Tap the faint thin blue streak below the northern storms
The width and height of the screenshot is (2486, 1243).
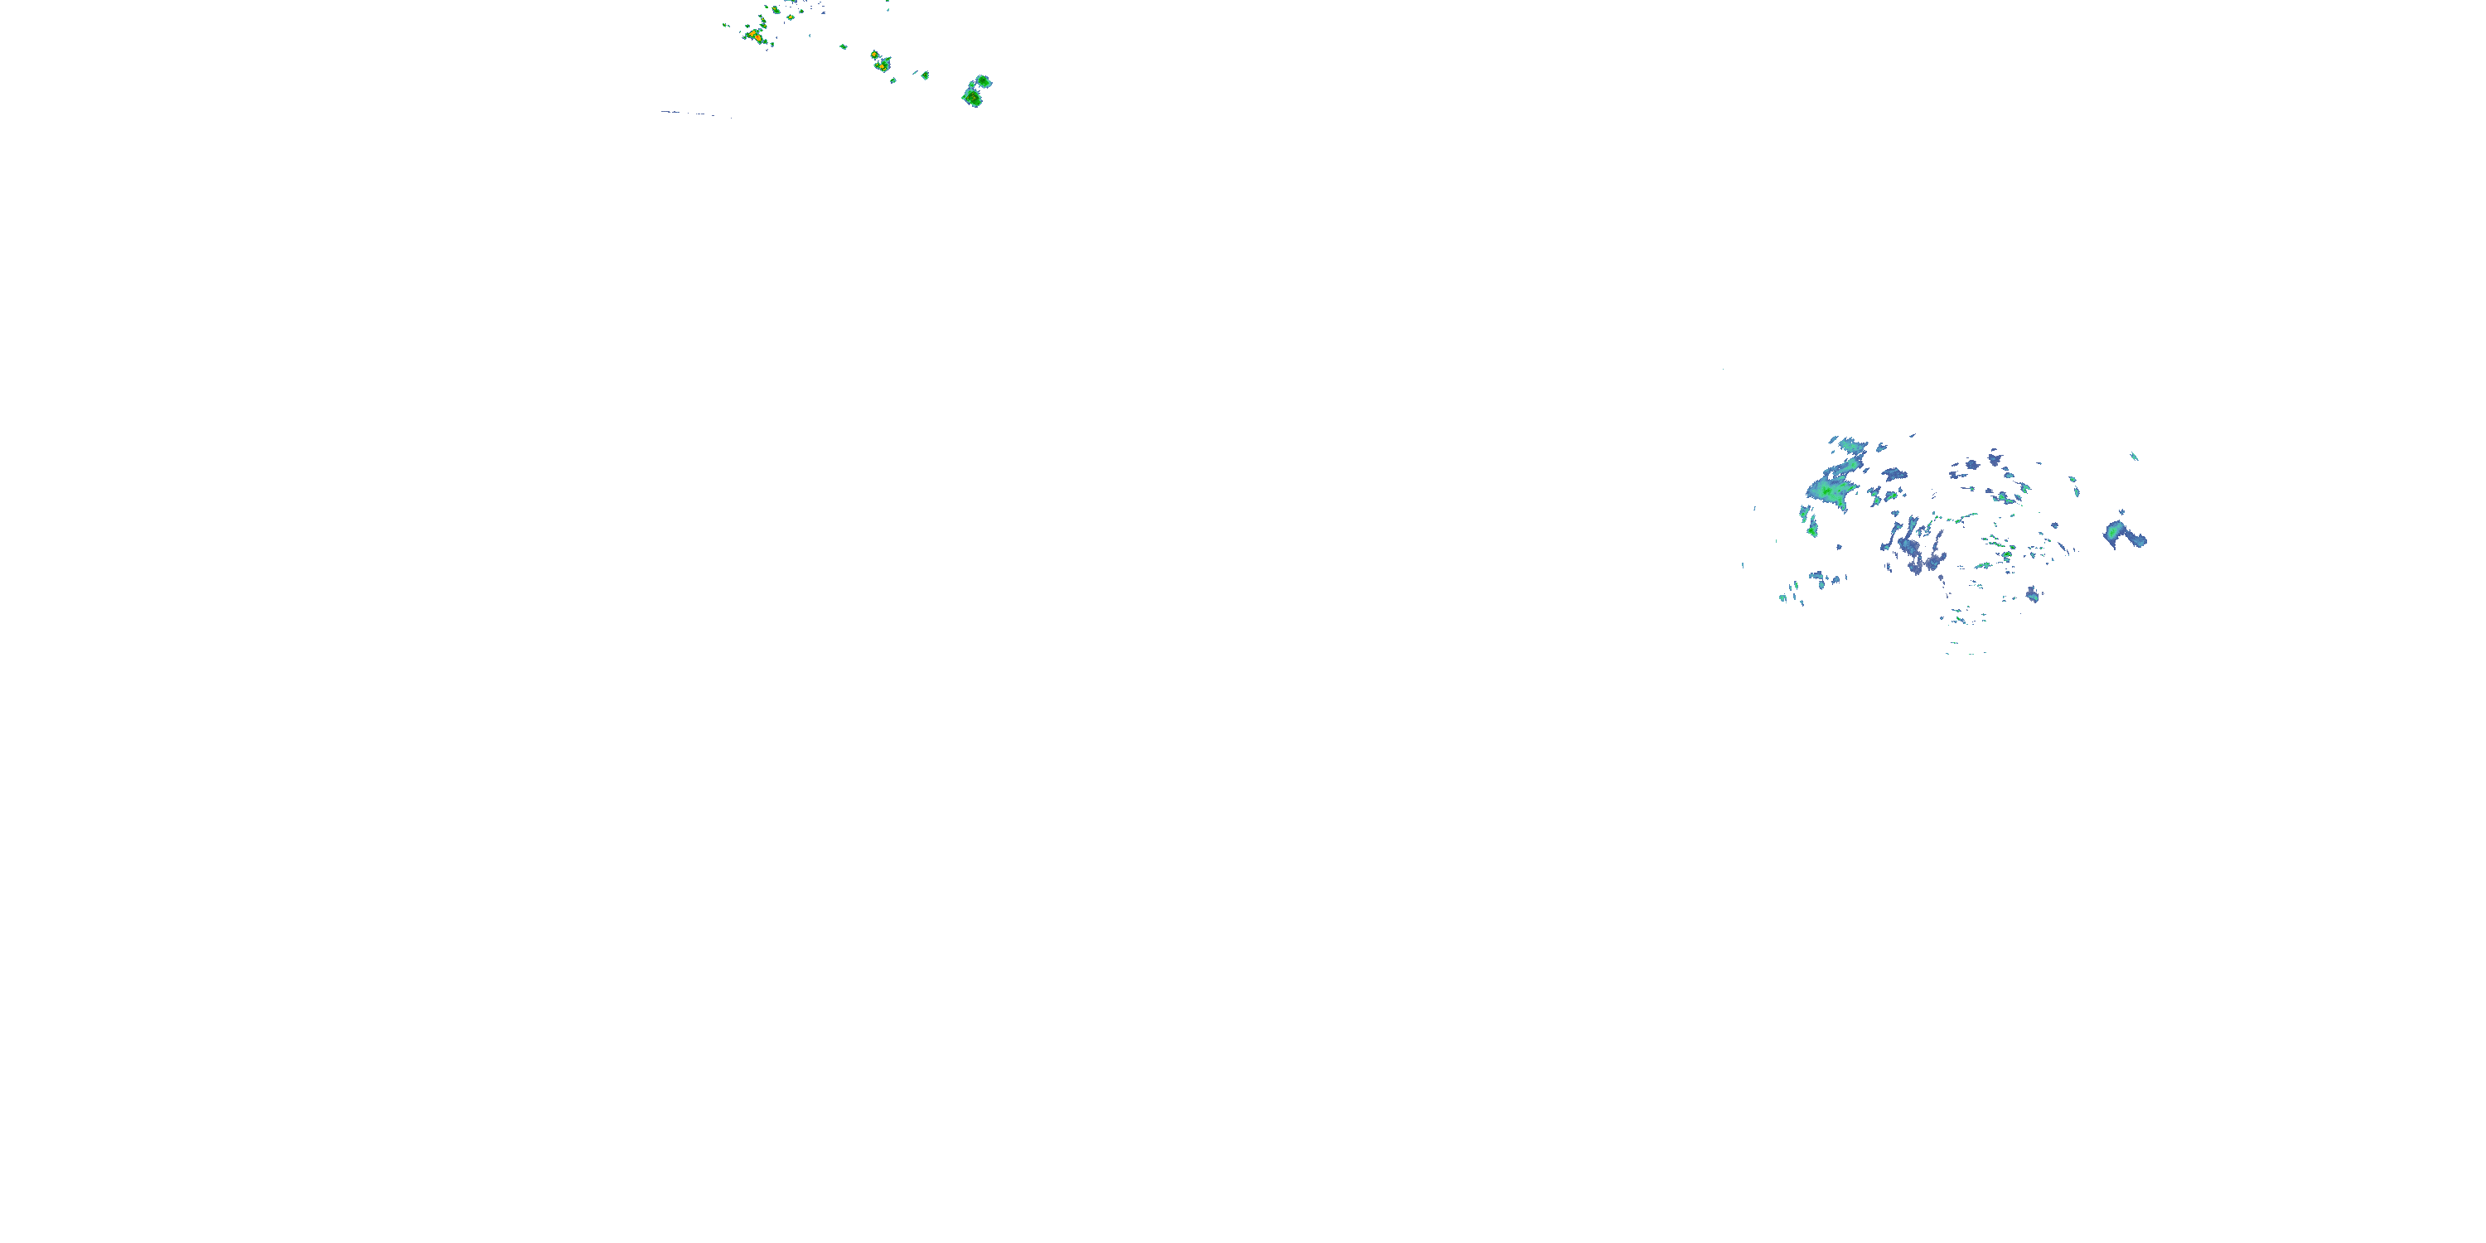[695, 114]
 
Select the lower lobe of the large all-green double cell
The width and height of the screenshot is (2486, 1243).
[972, 98]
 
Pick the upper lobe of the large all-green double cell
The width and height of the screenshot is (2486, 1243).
[983, 81]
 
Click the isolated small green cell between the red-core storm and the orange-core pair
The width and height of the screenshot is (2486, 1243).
[843, 46]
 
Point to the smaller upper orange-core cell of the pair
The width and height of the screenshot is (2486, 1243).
[873, 55]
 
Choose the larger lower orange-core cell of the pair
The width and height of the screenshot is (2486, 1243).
[881, 66]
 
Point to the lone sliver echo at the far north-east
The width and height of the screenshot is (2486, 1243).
[2134, 457]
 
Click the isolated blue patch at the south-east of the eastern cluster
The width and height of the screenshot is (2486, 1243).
[2033, 594]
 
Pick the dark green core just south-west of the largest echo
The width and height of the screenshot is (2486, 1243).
[1811, 528]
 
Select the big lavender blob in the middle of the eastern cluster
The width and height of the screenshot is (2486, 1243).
[1911, 550]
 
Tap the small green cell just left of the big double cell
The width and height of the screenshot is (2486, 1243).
[925, 75]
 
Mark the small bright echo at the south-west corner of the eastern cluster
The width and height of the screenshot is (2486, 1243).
[1784, 598]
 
